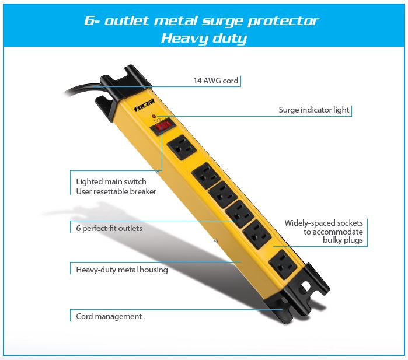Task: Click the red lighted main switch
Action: tap(162, 126)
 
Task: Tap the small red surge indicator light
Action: tap(154, 116)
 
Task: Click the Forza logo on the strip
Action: tap(144, 105)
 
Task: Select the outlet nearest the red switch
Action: tap(182, 147)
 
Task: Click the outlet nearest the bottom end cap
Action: tap(283, 264)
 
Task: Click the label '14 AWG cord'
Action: tap(216, 81)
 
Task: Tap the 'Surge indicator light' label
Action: tap(314, 110)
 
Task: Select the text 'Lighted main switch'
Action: tap(111, 181)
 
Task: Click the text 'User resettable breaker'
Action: tap(116, 192)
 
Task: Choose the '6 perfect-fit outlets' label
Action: tap(109, 228)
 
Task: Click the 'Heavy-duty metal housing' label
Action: tap(122, 270)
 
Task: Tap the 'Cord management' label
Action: tap(109, 316)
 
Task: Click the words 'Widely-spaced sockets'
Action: tap(323, 223)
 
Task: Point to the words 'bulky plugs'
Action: tap(343, 240)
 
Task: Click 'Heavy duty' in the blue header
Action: tap(204, 39)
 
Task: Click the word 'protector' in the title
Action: tap(283, 21)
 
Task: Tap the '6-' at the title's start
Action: tap(92, 20)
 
